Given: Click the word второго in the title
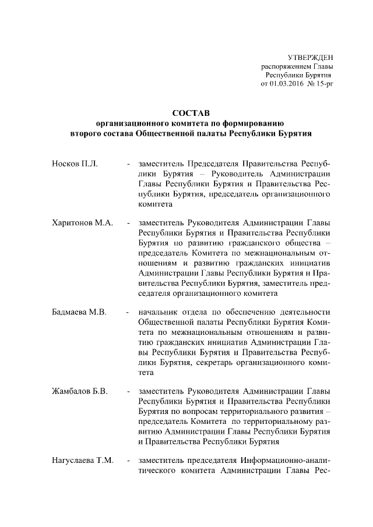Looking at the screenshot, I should tap(87, 133).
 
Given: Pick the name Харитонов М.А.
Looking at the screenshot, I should tap(82, 222).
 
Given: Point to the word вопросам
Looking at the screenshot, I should tap(200, 411).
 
